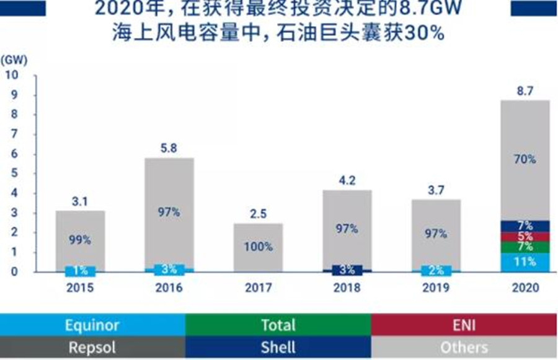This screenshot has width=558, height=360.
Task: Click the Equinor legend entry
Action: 92,325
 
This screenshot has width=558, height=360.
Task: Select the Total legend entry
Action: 278,325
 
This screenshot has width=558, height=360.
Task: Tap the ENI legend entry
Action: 464,325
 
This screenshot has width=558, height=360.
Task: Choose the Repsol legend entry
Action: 92,347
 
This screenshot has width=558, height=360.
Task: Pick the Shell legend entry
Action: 278,347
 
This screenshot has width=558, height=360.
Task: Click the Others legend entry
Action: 464,347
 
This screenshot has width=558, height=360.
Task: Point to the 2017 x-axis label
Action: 258,288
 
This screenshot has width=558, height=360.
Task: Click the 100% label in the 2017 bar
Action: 258,247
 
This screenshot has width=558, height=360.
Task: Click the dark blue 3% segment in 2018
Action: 346,269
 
